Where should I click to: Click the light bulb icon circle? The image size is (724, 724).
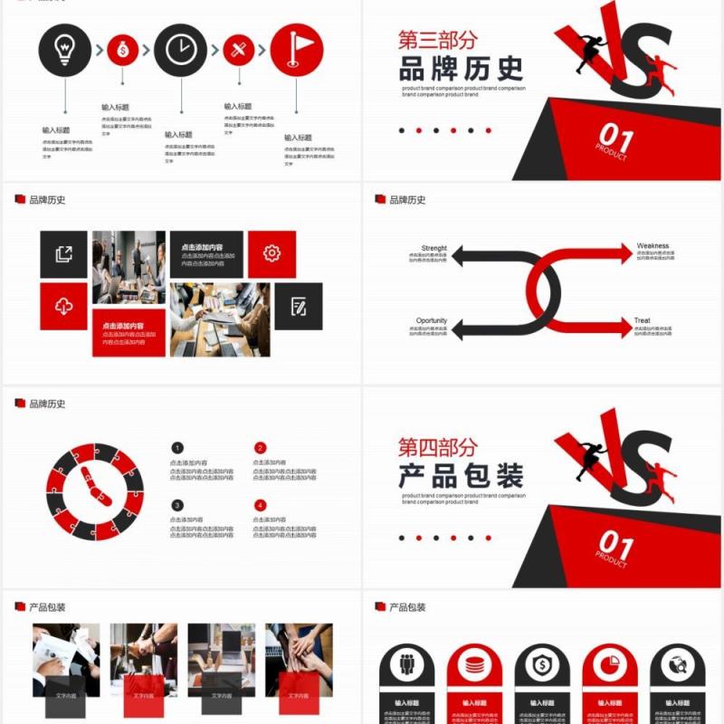(64, 50)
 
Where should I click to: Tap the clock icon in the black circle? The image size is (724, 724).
(181, 50)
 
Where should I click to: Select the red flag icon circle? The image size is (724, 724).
(296, 50)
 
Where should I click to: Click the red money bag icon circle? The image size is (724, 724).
(123, 50)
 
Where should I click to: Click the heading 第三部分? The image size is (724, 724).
(437, 40)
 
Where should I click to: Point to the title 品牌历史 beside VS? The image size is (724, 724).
(461, 69)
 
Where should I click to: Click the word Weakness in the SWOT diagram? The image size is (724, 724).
(653, 246)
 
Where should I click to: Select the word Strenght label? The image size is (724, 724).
(433, 248)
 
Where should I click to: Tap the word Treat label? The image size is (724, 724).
(642, 320)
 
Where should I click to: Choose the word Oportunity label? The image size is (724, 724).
(432, 320)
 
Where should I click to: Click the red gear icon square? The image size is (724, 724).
(271, 253)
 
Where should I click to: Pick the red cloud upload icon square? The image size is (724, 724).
(63, 307)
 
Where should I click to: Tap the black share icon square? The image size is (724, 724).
(63, 254)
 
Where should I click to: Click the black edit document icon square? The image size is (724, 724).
(299, 307)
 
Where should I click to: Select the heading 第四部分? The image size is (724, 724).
(437, 447)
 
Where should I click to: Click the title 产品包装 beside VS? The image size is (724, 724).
(461, 476)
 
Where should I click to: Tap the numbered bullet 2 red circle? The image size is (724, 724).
(261, 448)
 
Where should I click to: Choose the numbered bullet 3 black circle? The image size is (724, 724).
(177, 506)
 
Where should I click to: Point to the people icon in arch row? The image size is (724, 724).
(406, 665)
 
